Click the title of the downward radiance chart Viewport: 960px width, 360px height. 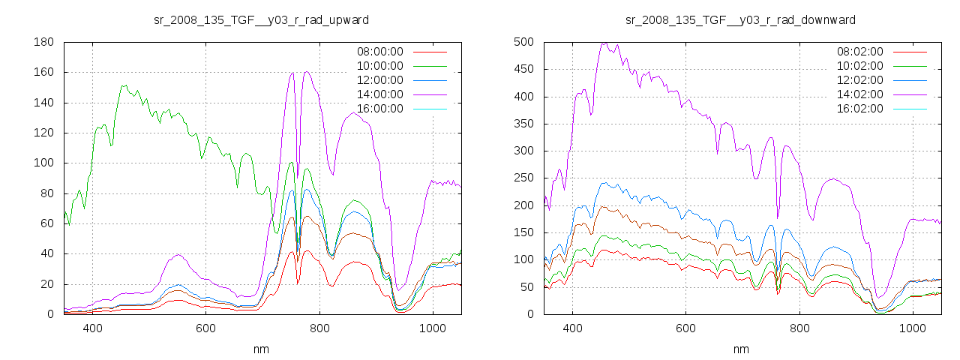tap(741, 19)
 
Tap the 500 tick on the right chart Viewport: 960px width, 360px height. tap(523, 42)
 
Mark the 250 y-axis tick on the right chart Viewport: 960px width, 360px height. tap(523, 178)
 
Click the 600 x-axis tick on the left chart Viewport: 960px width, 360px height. tap(205, 328)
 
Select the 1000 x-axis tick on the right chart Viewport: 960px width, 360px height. tap(912, 328)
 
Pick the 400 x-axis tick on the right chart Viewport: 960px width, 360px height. tap(572, 328)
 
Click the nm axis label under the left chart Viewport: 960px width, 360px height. tap(261, 349)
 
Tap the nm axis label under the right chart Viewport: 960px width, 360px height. tap(741, 349)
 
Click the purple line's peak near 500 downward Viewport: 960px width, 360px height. tap(604, 43)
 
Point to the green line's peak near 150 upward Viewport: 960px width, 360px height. tap(124, 85)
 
